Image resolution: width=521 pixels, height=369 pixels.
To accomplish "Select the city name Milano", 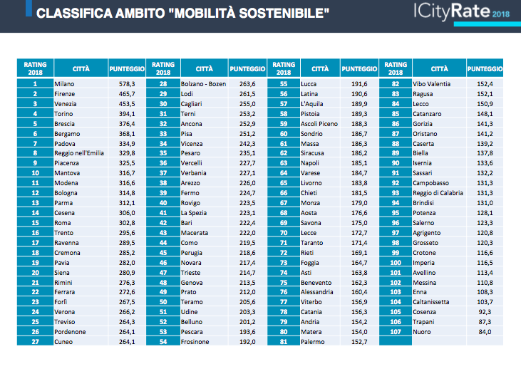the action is click(x=64, y=84).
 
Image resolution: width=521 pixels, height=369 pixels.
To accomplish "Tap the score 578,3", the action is click(x=127, y=84).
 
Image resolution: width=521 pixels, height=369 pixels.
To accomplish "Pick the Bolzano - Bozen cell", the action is click(x=203, y=84).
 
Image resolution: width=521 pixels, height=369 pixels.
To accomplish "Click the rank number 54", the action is click(x=163, y=342).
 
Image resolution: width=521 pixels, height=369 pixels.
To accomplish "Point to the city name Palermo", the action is click(x=313, y=342).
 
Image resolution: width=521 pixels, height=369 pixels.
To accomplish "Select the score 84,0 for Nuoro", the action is click(x=485, y=332).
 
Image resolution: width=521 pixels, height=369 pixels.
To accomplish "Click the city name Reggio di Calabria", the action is click(x=438, y=193).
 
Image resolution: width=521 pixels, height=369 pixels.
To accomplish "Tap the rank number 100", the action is click(x=396, y=263).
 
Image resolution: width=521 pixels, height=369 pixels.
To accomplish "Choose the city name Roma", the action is click(x=63, y=223).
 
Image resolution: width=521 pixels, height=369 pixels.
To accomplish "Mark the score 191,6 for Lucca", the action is click(x=359, y=84).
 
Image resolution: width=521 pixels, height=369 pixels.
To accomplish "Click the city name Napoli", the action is click(x=309, y=163).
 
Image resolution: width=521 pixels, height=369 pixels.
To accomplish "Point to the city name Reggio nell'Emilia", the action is click(x=79, y=153).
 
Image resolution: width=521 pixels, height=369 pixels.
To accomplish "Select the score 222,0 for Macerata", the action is click(x=247, y=233).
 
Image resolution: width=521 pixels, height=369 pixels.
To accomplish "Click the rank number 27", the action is click(x=35, y=342).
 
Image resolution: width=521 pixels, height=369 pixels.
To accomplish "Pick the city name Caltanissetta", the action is click(x=431, y=302).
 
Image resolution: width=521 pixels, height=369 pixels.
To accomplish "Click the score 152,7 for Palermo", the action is click(x=359, y=342).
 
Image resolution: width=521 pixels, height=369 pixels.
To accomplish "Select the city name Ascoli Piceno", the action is click(x=319, y=124).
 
